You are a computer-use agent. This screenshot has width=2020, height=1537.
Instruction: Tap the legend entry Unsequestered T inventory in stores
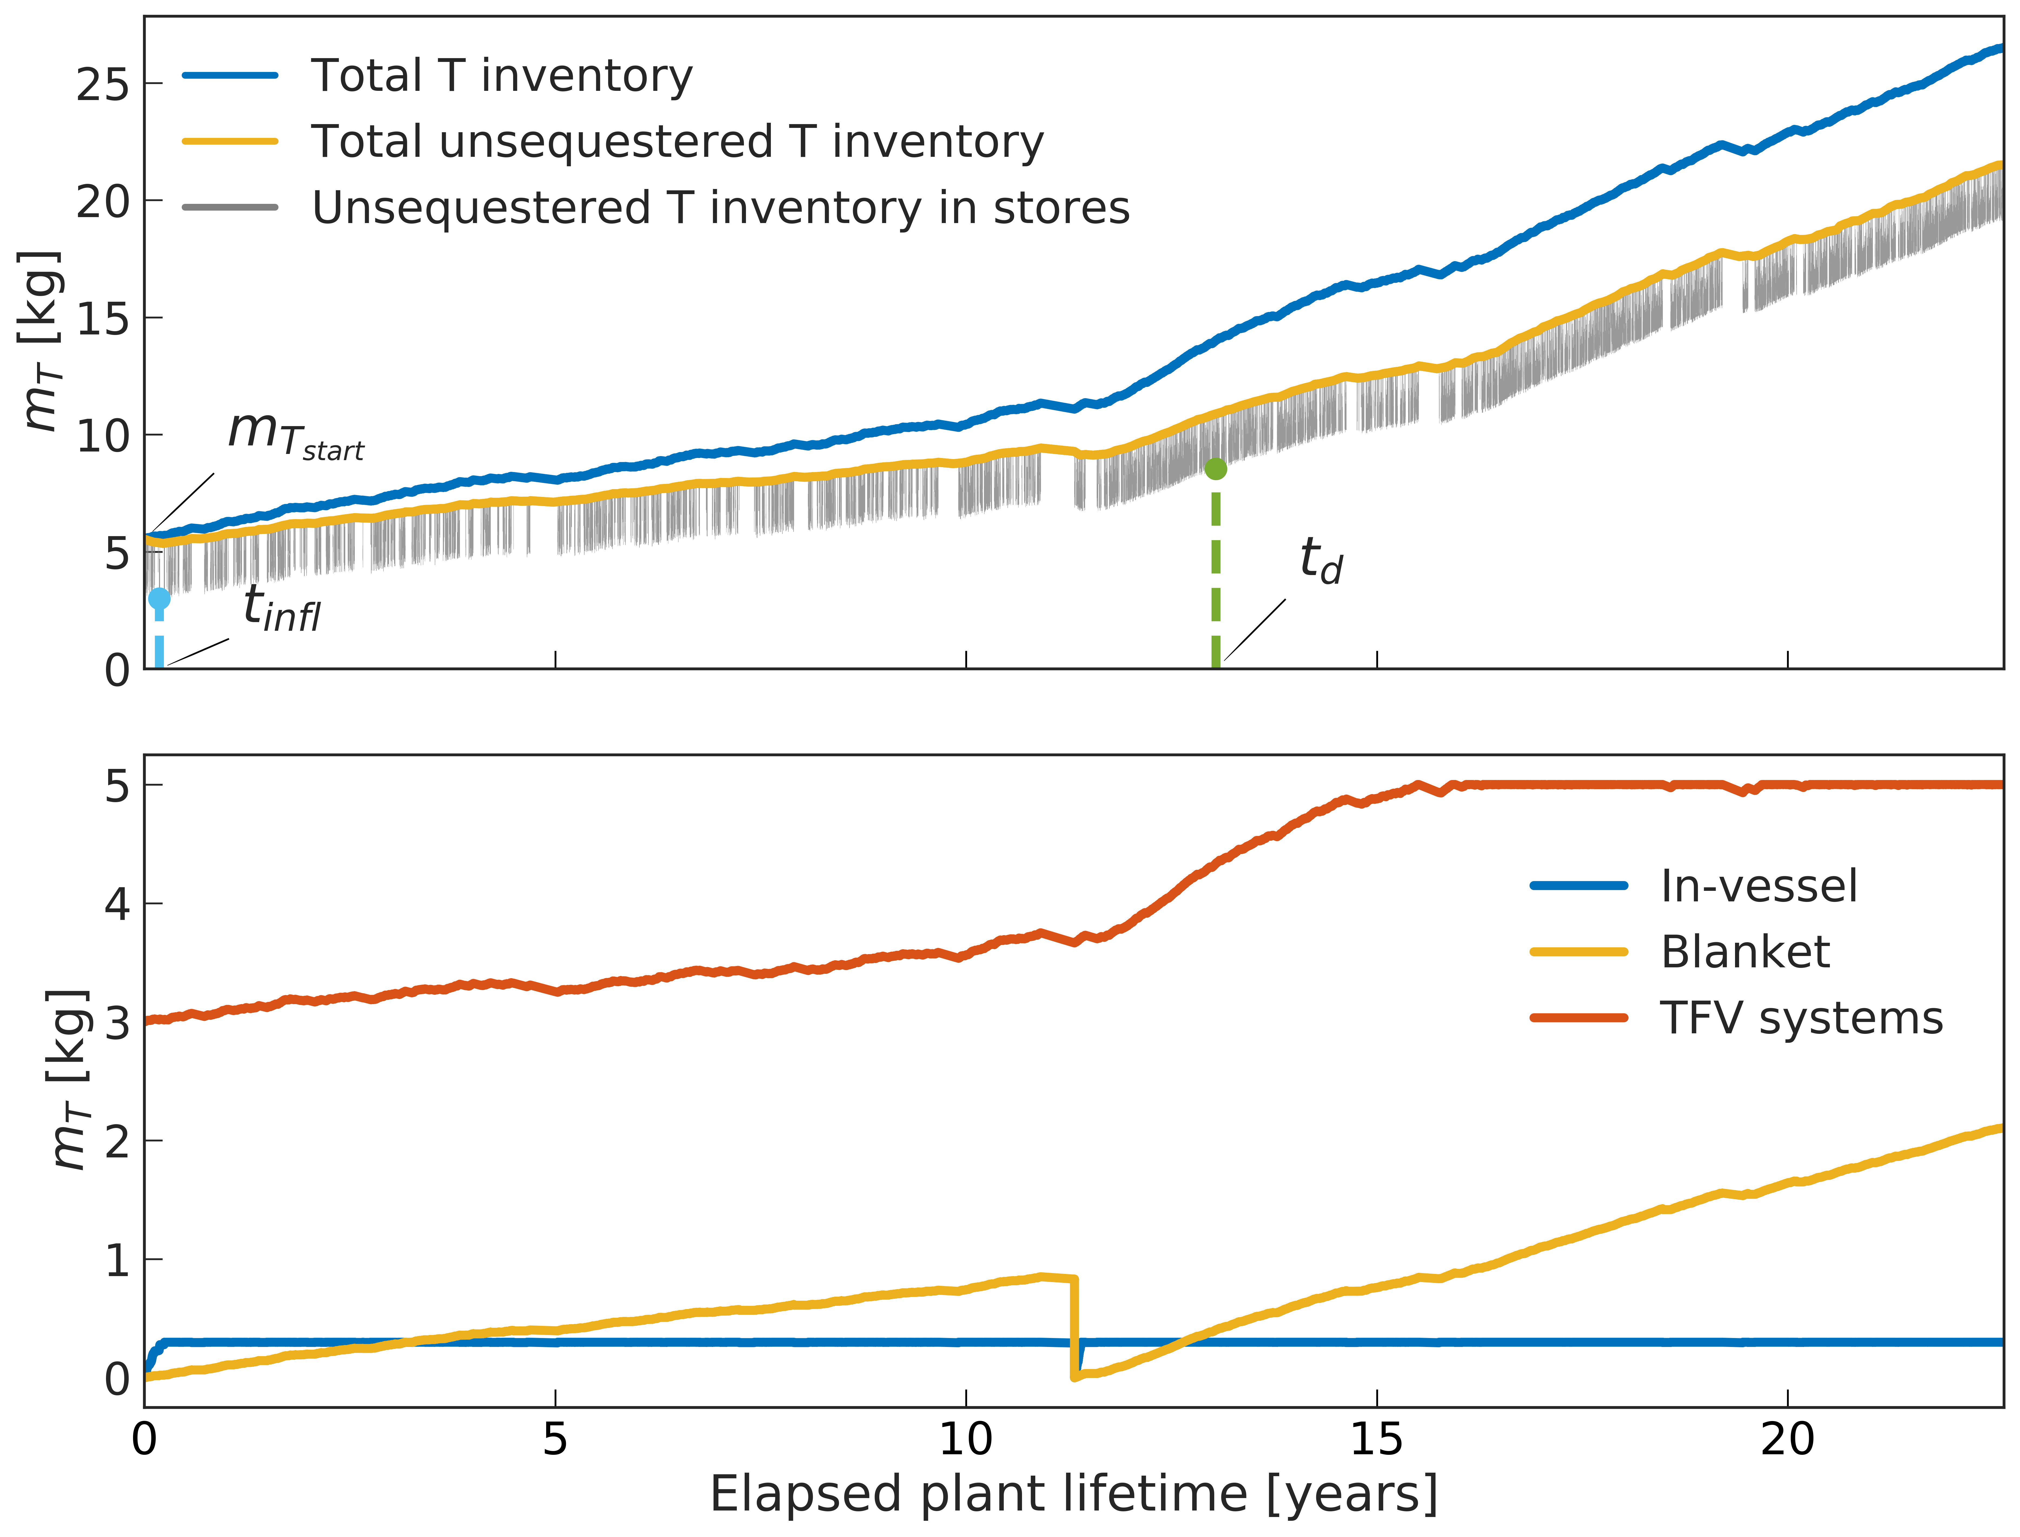click(656, 208)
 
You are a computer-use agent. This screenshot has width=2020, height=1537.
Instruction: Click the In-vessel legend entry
click(1694, 886)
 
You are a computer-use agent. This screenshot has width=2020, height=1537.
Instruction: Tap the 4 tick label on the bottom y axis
click(117, 904)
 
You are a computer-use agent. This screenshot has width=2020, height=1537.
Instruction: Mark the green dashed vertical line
click(1216, 575)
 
